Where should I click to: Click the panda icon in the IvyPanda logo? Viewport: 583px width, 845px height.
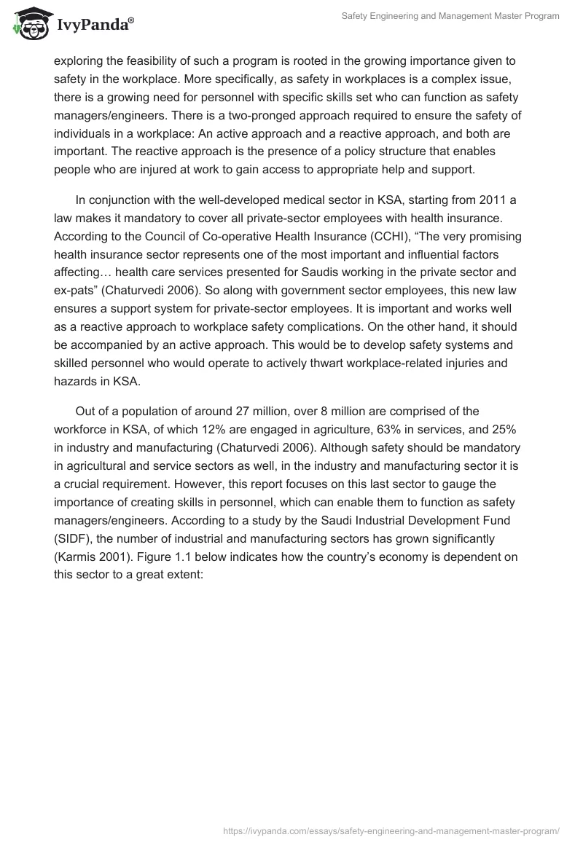pyautogui.click(x=31, y=24)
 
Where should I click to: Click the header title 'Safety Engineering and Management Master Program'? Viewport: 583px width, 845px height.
pyautogui.click(x=450, y=16)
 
